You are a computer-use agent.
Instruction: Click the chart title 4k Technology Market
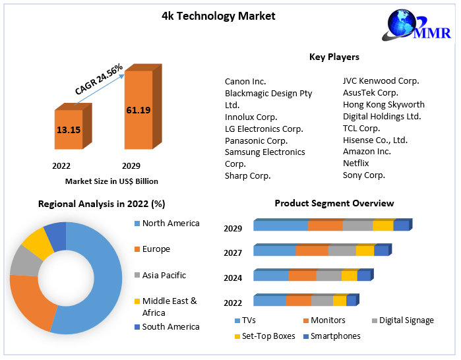point(218,16)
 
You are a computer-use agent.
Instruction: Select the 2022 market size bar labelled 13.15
point(69,130)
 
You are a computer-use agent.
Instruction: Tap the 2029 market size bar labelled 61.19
point(138,109)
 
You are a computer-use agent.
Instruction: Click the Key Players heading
point(334,57)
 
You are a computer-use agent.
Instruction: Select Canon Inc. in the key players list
point(245,81)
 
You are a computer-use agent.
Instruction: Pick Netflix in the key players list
point(358,163)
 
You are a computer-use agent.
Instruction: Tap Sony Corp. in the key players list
point(364,175)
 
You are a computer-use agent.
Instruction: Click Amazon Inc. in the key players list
point(367,151)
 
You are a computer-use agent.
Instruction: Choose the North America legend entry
point(170,223)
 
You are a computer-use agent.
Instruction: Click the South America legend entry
point(170,326)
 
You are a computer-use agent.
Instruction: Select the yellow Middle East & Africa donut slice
point(38,242)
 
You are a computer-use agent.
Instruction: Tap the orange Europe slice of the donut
point(29,300)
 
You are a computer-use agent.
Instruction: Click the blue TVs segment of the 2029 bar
point(280,225)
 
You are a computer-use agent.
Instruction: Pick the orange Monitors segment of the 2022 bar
point(298,301)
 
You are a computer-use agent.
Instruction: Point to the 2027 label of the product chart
point(233,253)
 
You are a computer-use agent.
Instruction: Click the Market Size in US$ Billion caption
point(111,181)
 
